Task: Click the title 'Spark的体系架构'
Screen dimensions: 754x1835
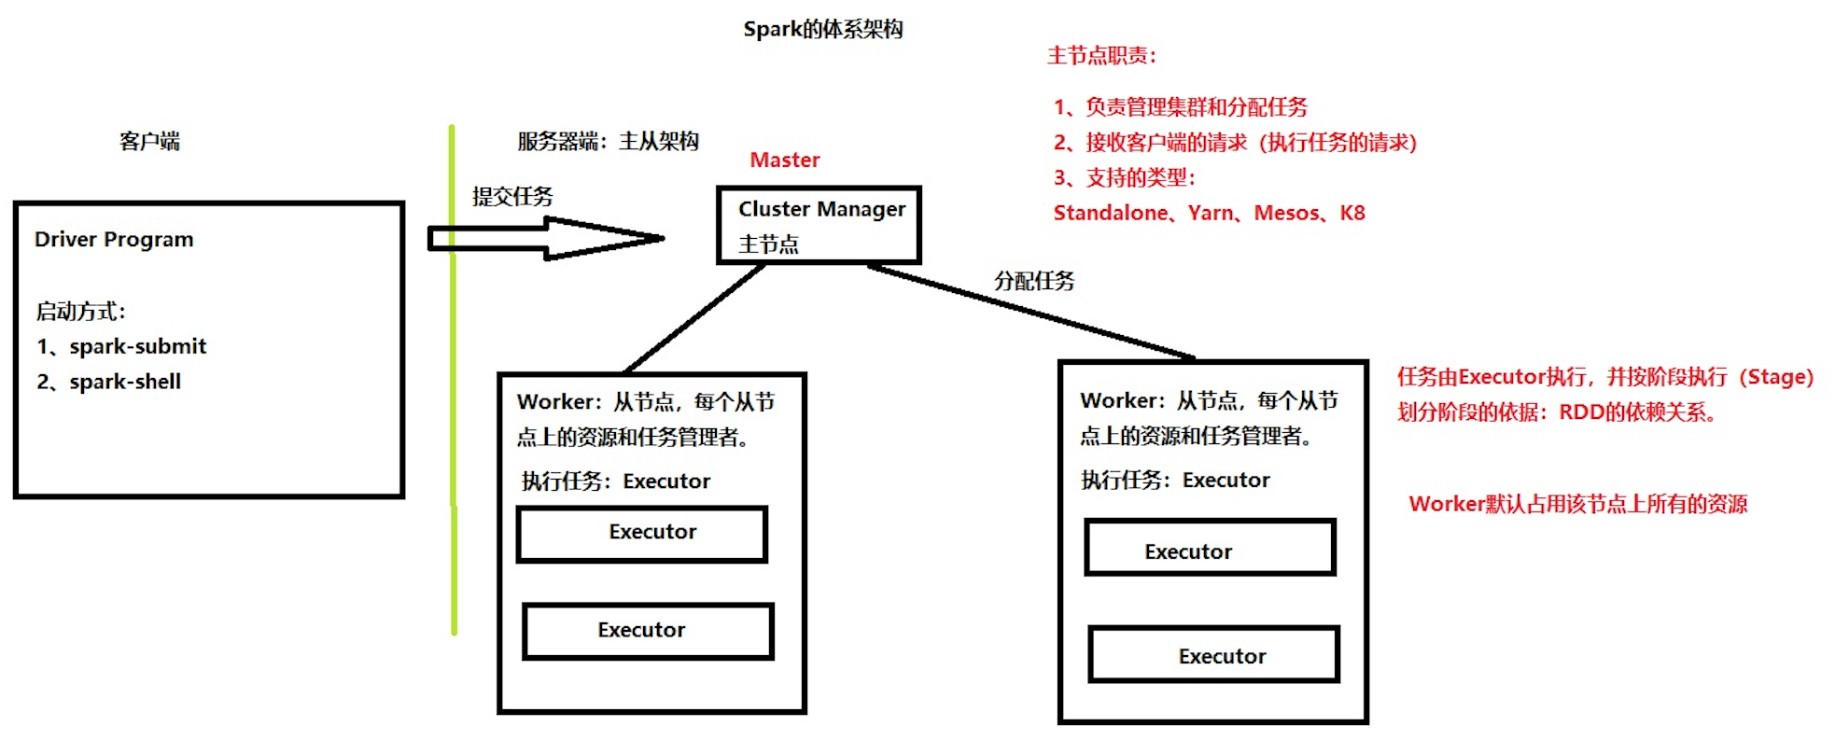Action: (822, 30)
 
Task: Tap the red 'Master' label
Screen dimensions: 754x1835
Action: (784, 161)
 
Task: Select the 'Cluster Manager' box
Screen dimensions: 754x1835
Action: (819, 225)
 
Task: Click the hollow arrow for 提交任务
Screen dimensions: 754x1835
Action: (546, 238)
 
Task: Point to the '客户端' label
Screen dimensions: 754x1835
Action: (149, 142)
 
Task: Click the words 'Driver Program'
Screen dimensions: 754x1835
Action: (114, 240)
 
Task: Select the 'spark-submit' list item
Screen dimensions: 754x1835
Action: (137, 346)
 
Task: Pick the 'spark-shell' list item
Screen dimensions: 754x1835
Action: (125, 382)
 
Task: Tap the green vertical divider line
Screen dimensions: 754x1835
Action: (453, 373)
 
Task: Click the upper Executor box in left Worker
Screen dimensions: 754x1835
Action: (642, 534)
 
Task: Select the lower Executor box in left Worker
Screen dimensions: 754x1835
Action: (648, 632)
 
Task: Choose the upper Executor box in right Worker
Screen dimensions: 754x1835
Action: (1210, 548)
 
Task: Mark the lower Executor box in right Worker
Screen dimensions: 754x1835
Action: (1213, 654)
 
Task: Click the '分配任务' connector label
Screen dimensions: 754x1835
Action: (1034, 281)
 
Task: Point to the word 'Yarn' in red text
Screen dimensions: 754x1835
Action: (1211, 214)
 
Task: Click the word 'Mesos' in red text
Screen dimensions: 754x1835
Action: (1286, 214)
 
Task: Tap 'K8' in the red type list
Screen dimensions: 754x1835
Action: (1352, 214)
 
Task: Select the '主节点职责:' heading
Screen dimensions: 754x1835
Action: (1101, 56)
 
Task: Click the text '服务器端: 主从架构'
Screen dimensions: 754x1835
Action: (608, 142)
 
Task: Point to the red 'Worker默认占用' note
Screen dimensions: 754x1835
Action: (1577, 505)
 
